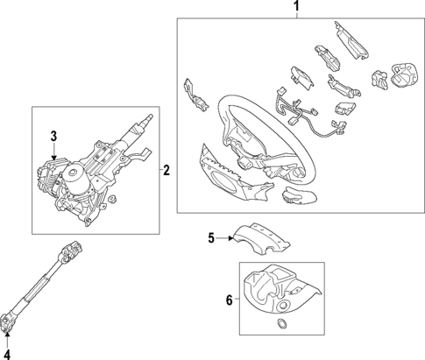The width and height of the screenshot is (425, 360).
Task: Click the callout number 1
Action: point(296,6)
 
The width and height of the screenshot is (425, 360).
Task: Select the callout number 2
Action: point(166,170)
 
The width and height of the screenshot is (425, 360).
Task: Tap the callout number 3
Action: point(53,136)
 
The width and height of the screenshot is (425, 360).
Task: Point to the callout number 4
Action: point(7,355)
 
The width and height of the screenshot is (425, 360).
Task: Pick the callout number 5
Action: point(211,238)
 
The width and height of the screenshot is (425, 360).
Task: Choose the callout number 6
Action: point(230,300)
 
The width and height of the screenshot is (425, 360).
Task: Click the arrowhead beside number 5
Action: point(230,238)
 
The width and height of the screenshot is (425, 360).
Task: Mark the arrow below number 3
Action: point(53,152)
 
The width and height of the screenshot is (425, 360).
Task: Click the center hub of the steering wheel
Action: point(244,162)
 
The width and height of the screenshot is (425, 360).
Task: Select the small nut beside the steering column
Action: point(112,199)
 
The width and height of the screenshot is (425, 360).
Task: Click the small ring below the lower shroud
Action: point(281,324)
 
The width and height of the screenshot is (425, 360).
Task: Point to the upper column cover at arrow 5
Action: point(260,238)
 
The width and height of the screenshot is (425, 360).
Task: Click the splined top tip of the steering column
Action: point(149,117)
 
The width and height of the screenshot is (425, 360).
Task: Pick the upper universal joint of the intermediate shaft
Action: point(70,250)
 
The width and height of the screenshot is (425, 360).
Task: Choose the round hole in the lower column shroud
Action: point(283,307)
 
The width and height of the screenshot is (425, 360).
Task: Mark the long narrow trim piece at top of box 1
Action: point(351,40)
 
